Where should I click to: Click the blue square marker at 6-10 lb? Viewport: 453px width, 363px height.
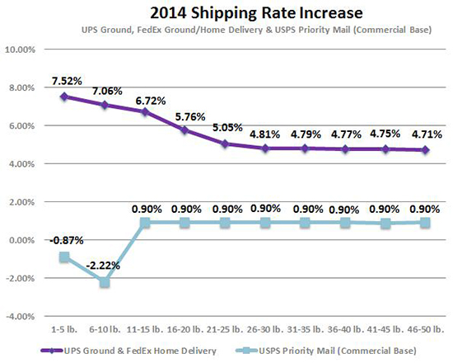coord(105,282)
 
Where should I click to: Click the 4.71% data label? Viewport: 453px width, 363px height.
coord(425,134)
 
